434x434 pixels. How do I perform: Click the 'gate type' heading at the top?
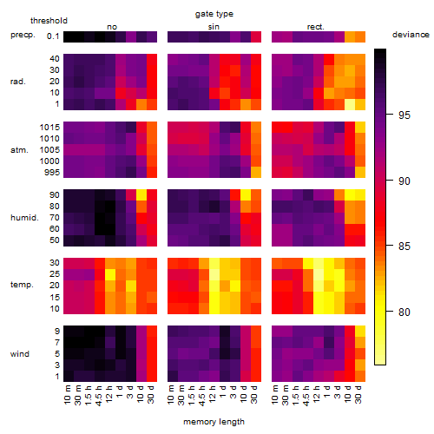(214, 14)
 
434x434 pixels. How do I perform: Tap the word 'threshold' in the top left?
(49, 21)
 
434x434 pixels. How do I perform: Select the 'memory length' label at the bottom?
(214, 422)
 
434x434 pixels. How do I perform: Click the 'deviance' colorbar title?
(411, 35)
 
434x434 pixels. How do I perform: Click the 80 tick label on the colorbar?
(404, 312)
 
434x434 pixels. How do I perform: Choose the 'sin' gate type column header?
(214, 27)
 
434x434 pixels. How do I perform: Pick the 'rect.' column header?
(315, 27)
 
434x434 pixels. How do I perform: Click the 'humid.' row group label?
(24, 218)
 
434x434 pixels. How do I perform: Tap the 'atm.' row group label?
(19, 150)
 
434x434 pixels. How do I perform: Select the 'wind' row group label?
(20, 354)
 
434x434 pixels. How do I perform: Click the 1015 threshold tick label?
(49, 128)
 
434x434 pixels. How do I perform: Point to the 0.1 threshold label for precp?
(53, 36)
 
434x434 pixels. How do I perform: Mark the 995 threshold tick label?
(52, 173)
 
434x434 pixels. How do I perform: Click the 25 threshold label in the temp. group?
(55, 274)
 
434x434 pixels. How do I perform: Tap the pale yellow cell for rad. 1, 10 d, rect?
(350, 104)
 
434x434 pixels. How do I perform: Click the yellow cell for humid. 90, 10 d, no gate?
(141, 195)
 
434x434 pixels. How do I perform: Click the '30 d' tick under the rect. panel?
(358, 395)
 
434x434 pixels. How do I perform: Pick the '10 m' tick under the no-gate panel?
(67, 395)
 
